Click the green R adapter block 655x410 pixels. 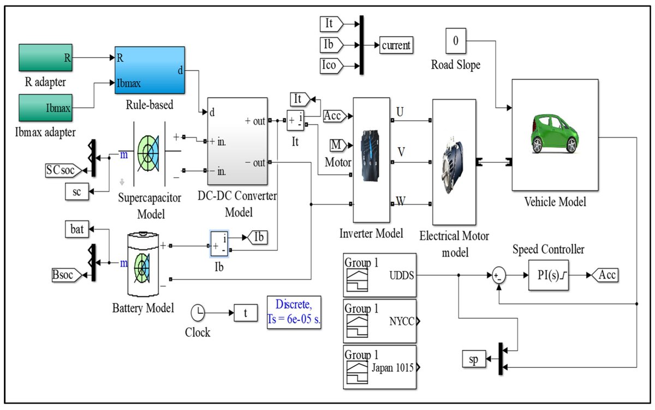46,58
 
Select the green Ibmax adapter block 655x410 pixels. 46,108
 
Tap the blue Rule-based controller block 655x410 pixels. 150,71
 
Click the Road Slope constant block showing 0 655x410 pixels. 456,41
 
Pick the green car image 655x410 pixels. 555,133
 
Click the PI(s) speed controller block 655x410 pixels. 549,276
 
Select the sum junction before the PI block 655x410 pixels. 498,276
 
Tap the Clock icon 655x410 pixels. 198,313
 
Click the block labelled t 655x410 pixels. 246,313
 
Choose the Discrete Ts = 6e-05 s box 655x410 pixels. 294,312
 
